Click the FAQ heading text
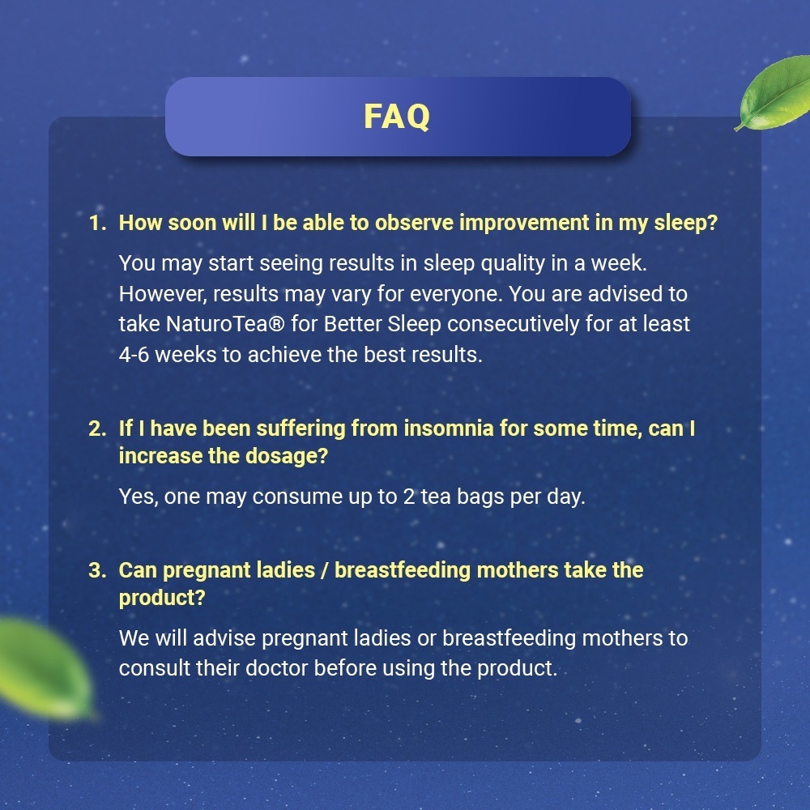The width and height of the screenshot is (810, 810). click(397, 116)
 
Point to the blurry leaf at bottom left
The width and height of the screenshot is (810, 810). click(44, 669)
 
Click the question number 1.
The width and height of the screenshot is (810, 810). click(97, 224)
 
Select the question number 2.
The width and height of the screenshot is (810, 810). click(97, 428)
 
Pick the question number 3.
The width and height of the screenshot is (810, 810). click(97, 570)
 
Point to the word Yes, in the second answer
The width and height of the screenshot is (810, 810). click(139, 497)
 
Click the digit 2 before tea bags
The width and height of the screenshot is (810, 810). click(408, 497)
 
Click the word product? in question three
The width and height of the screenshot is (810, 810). click(162, 599)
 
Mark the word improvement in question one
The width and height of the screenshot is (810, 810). click(524, 224)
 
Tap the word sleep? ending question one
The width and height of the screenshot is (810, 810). click(686, 224)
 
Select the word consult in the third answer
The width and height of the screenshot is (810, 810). click(155, 668)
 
